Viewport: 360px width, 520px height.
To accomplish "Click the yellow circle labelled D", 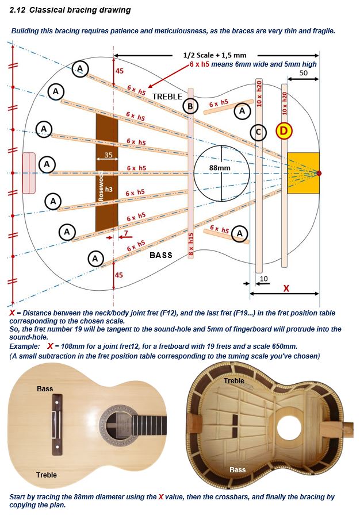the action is pyautogui.click(x=284, y=130).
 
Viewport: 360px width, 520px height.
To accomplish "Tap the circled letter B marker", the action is pyautogui.click(x=190, y=106).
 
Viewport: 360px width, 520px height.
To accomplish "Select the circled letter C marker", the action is pyautogui.click(x=258, y=132).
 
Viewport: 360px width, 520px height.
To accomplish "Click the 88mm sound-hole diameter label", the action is pyautogui.click(x=220, y=168).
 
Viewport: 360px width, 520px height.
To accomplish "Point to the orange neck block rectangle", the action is pyautogui.click(x=303, y=173).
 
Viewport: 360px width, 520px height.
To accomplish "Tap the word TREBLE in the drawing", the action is pyautogui.click(x=167, y=97).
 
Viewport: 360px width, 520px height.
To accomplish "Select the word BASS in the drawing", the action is pyautogui.click(x=161, y=255).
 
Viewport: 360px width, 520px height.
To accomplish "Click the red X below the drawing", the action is pyautogui.click(x=286, y=288).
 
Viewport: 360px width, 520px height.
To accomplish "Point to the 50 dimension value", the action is pyautogui.click(x=304, y=73).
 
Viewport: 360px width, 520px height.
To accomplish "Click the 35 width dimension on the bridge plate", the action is pyautogui.click(x=109, y=155).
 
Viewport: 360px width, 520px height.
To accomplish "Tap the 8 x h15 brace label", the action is pyautogui.click(x=190, y=244).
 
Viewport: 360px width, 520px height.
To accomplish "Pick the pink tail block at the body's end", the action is pyautogui.click(x=29, y=173).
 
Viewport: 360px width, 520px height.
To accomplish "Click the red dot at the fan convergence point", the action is pyautogui.click(x=319, y=173).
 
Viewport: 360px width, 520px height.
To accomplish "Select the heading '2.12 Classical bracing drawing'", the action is pyautogui.click(x=70, y=10).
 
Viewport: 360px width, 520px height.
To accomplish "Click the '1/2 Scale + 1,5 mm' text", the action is pyautogui.click(x=215, y=55).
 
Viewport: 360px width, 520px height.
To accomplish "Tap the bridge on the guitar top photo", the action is pyautogui.click(x=57, y=425).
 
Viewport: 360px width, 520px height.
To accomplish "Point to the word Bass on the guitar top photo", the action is pyautogui.click(x=45, y=388).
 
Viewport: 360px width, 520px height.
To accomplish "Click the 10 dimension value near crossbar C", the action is pyautogui.click(x=264, y=279).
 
